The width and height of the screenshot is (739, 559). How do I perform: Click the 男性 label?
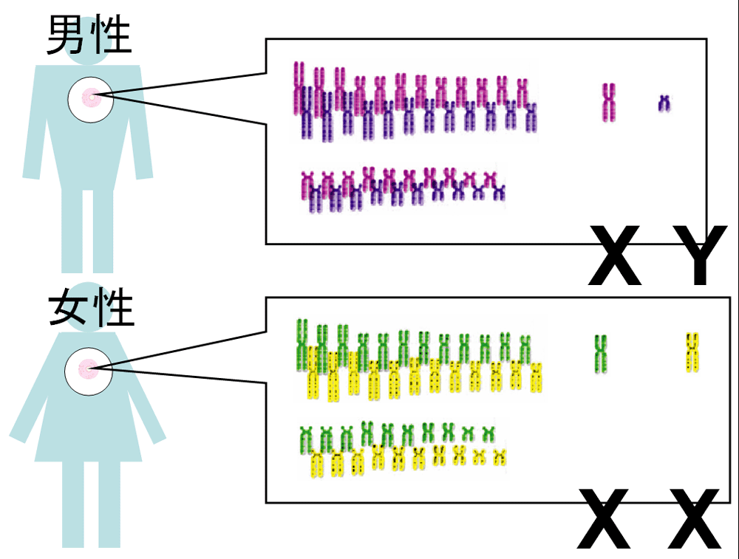(89, 35)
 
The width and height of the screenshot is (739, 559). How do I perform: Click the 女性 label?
(90, 309)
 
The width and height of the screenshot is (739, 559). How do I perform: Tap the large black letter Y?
(695, 256)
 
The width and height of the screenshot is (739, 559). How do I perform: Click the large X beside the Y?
(615, 256)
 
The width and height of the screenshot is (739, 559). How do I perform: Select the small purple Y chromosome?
(664, 103)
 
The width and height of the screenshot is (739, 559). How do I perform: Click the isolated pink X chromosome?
(608, 102)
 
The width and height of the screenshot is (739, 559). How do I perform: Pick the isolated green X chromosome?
(601, 352)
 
